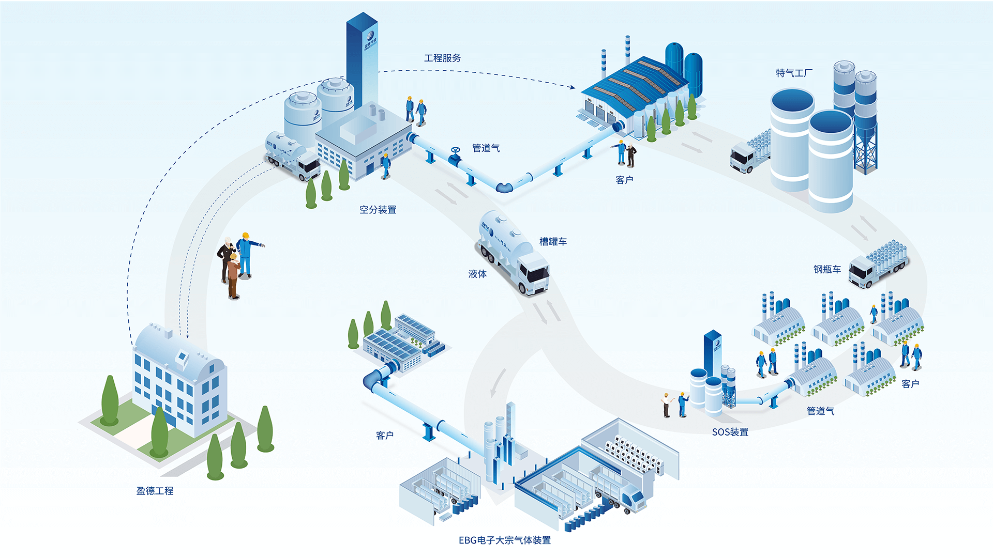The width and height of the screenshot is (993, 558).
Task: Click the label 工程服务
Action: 442,58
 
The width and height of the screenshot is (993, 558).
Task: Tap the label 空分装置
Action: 378,210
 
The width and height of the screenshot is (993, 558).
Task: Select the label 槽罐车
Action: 553,242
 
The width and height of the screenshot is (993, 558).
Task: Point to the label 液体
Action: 477,274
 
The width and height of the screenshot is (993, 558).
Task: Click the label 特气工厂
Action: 794,73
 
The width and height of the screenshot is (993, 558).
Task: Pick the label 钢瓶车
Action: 827,270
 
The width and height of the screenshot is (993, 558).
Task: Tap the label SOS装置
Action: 730,432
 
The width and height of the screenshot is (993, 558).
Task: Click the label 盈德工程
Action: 155,491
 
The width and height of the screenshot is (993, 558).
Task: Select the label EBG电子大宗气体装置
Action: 504,540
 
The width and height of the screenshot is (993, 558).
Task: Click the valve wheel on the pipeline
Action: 455,151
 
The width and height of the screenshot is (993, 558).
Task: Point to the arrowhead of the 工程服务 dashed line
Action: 573,87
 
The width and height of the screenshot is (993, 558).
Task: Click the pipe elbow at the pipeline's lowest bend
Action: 504,187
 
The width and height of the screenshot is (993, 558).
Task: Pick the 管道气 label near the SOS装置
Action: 820,411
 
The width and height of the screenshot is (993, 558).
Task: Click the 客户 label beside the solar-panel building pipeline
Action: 384,436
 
